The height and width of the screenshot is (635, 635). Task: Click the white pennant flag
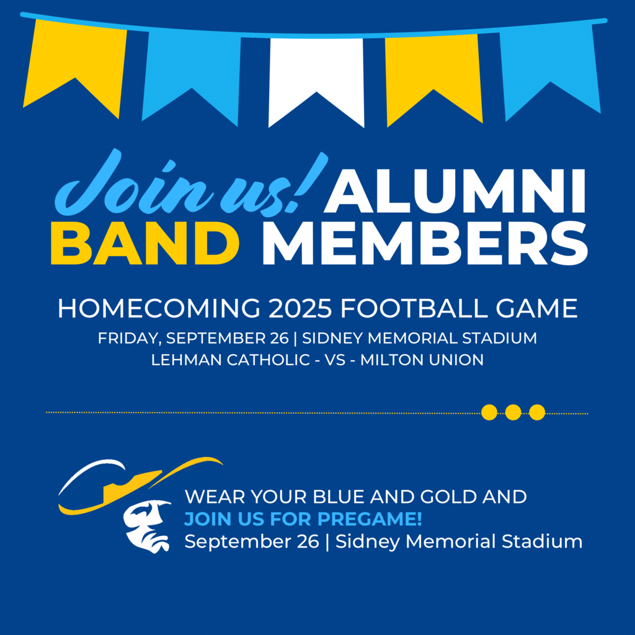point(316,74)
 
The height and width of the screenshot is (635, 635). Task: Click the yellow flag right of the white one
point(433,71)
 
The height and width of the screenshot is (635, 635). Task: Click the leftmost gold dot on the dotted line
point(489,412)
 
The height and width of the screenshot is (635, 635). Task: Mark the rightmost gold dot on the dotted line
point(537,412)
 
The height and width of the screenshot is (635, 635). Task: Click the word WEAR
point(211,497)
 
